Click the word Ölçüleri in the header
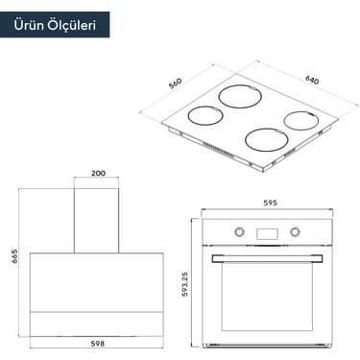pyautogui.click(x=74, y=25)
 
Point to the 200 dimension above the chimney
pyautogui.click(x=98, y=174)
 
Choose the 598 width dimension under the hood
pyautogui.click(x=98, y=343)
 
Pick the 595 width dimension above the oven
pyautogui.click(x=270, y=203)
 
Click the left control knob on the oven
pyautogui.click(x=239, y=230)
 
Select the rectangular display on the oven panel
pyautogui.click(x=268, y=230)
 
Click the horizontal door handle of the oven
pyautogui.click(x=268, y=257)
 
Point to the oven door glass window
pyautogui.click(x=268, y=298)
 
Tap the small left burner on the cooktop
pyautogui.click(x=204, y=115)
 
